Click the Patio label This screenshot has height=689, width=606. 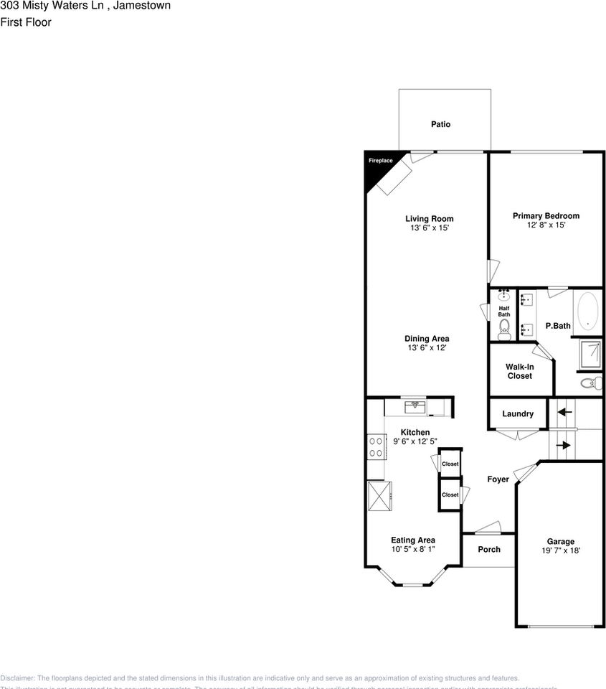pos(440,124)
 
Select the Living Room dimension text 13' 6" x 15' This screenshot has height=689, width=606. pos(429,228)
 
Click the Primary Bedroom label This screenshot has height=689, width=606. pos(546,215)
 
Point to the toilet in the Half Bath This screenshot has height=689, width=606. pos(504,329)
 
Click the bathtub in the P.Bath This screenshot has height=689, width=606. pos(588,311)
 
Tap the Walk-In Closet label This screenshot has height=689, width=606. pos(520,371)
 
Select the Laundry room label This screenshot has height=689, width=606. pos(518,414)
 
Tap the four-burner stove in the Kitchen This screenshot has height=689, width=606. pos(375,447)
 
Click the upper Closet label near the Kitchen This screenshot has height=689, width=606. pos(450,464)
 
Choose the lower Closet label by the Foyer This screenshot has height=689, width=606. pos(450,495)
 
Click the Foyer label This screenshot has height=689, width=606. pos(498,479)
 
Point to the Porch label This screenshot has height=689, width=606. pos(488,549)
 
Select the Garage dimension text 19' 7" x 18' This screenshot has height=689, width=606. pos(561,550)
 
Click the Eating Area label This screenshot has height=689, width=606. pos(413,540)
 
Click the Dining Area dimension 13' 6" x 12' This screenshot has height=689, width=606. pos(427,348)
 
